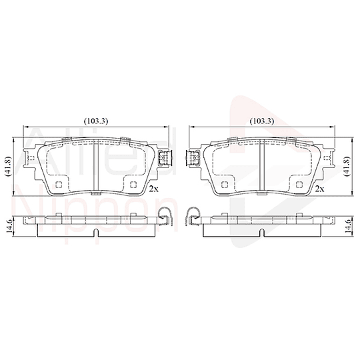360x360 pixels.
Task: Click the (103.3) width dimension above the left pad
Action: click(97, 121)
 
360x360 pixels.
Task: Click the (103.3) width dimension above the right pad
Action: click(262, 121)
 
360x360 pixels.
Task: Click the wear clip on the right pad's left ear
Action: click(193, 159)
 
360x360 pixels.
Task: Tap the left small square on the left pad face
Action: click(58, 185)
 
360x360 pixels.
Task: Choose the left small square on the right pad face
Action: click(226, 185)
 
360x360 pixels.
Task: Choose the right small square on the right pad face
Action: click(299, 185)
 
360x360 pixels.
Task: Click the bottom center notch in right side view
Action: click(263, 233)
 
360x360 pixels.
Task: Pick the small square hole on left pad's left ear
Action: click(28, 157)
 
